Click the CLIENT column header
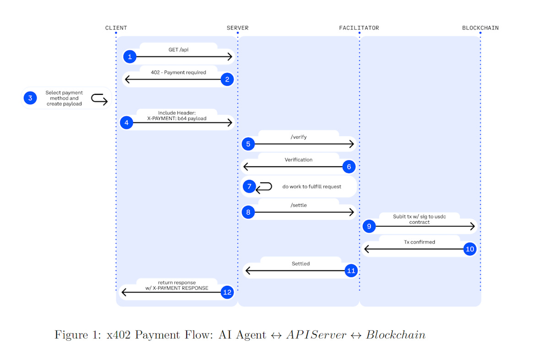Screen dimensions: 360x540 pos(116,28)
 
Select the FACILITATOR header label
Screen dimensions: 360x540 pos(359,28)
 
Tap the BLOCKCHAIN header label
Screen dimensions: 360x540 pos(480,28)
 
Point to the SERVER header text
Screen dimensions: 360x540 pos(238,28)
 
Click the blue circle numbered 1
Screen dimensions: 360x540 pos(130,57)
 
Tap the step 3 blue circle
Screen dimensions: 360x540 pos(30,98)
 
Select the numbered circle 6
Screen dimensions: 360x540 pos(349,167)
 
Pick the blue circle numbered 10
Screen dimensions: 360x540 pos(470,249)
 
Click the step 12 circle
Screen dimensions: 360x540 pos(227,292)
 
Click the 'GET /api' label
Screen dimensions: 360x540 pos(178,49)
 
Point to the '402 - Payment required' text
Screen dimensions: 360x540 pos(178,72)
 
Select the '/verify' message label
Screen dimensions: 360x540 pos(298,136)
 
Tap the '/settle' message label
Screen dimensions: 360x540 pos(298,205)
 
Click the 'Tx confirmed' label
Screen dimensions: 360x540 pos(419,242)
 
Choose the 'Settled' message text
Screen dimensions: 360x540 pos(301,263)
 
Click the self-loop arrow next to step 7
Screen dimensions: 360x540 pos(264,186)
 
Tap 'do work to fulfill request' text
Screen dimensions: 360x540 pos(312,186)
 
